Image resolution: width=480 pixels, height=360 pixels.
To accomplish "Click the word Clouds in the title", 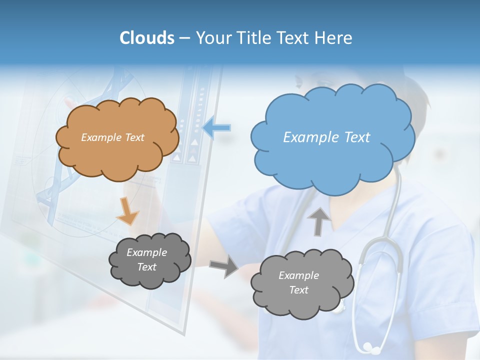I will [x=147, y=38].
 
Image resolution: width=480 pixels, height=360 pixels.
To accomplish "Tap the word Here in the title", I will [x=333, y=38].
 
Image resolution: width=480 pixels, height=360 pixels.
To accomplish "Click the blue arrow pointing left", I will [x=216, y=128].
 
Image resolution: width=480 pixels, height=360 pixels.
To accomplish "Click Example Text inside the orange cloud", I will [x=112, y=137].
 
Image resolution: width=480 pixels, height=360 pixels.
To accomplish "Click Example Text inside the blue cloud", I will [x=326, y=137].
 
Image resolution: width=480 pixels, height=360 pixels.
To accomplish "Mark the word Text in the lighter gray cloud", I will [x=298, y=290].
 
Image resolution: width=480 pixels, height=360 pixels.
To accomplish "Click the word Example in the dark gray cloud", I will [x=146, y=252].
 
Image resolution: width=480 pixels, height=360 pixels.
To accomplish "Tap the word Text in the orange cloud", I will [x=134, y=137].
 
